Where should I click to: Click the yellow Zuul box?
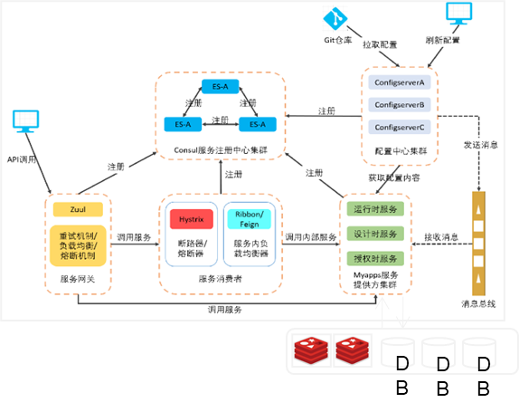point(78,210)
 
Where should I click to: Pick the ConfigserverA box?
point(400,82)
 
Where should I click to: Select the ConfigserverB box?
point(400,105)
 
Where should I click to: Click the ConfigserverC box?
point(400,127)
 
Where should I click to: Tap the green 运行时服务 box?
point(373,208)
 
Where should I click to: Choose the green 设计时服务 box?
point(373,233)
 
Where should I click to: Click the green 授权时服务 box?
point(373,257)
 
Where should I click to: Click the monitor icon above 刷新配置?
point(458,14)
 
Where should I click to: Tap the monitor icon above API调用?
point(25,120)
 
